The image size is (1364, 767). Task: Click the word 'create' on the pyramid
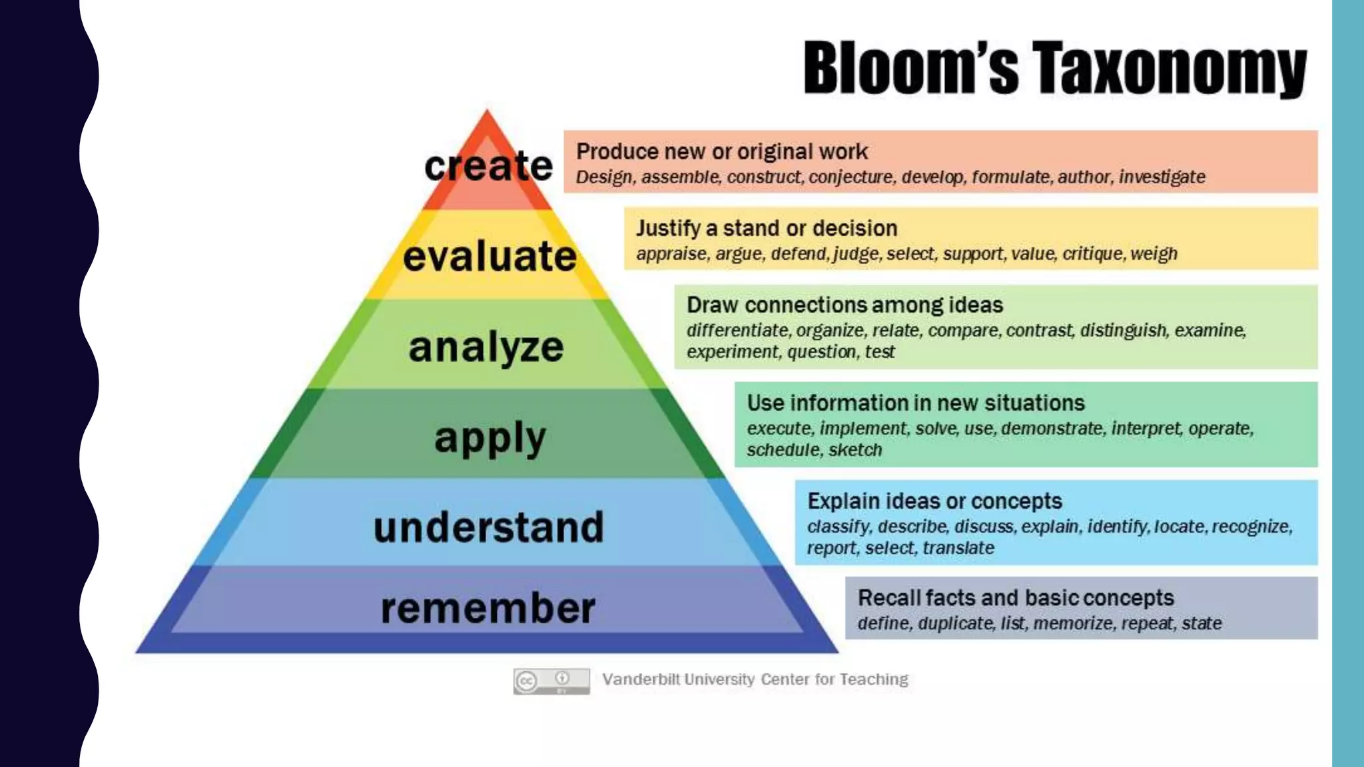pos(488,166)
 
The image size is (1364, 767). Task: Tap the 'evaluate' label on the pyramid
pos(490,256)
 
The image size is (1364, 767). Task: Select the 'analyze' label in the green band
pos(486,348)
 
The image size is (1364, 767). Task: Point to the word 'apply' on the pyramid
pos(490,439)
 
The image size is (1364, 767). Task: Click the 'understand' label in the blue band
pos(488,527)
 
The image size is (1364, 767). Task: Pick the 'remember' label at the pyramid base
pos(488,609)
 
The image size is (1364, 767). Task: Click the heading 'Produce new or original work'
pos(722,152)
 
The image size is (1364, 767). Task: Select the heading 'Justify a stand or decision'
pos(767,228)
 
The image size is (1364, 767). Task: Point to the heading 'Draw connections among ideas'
pos(845,305)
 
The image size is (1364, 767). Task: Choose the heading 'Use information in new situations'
pos(916,403)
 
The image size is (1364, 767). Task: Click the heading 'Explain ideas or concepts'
pos(934,501)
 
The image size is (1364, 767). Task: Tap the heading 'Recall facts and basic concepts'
pos(1016,598)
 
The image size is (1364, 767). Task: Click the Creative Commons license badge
pos(551,680)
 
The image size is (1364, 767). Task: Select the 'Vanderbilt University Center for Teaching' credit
pos(755,679)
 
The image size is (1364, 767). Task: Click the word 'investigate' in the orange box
pos(1162,177)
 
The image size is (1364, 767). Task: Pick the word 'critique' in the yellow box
pos(1092,254)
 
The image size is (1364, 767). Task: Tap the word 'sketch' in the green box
pos(855,450)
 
